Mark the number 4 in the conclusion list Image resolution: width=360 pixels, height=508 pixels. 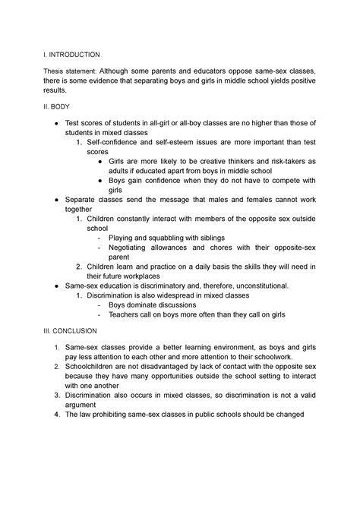[56, 415]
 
